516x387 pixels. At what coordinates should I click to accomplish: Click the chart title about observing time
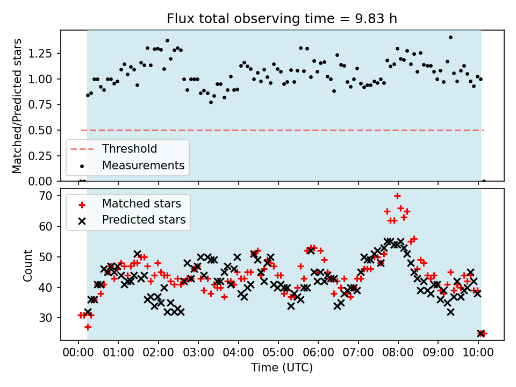click(x=282, y=19)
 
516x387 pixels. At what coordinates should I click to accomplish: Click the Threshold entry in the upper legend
click(x=130, y=149)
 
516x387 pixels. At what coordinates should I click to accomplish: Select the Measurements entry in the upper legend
click(x=143, y=165)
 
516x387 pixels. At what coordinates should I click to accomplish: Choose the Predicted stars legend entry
click(x=144, y=219)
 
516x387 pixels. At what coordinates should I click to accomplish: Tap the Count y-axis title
click(x=27, y=264)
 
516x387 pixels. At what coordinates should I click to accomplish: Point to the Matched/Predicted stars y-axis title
click(x=18, y=106)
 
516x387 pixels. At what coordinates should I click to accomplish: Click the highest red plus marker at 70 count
click(x=397, y=196)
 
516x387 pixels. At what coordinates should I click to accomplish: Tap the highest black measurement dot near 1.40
click(x=450, y=38)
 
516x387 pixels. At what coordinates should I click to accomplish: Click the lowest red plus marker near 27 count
click(x=88, y=327)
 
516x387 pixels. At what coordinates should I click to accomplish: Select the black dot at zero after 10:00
click(x=484, y=181)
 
